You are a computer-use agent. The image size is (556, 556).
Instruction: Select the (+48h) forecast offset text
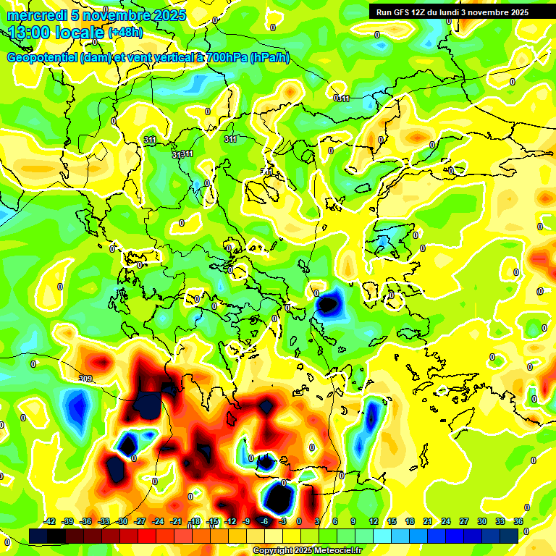tap(125, 33)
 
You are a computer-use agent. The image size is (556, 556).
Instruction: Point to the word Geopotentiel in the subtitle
tap(43, 58)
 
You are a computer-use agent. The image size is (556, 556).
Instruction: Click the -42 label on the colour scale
tap(50, 521)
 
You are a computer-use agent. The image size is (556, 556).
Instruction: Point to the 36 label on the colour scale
tap(518, 521)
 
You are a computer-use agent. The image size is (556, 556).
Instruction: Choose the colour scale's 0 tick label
tap(299, 521)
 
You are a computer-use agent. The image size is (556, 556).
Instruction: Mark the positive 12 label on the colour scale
tap(374, 521)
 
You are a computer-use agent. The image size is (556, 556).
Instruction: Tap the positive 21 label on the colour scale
tap(427, 521)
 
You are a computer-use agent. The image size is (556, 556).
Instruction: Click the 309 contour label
tap(85, 378)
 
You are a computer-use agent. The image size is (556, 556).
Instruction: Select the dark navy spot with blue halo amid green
tap(329, 304)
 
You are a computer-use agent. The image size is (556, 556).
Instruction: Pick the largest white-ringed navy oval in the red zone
tap(279, 497)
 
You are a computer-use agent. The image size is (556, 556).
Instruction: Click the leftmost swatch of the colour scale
tap(38, 536)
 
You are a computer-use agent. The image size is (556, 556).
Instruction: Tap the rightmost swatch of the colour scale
tap(509, 536)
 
